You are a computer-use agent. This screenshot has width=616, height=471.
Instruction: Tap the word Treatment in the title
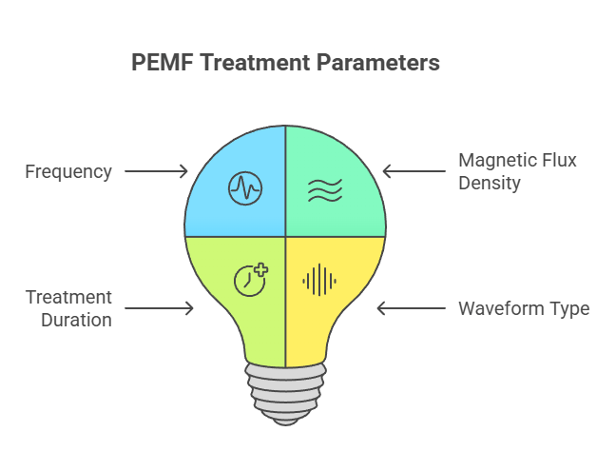point(252,63)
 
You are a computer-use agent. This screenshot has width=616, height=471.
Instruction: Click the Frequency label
point(68,172)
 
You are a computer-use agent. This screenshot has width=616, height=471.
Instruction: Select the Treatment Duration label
point(68,308)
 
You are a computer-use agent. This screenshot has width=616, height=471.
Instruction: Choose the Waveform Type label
point(524,308)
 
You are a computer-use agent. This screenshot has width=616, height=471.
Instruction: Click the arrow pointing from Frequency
point(157,172)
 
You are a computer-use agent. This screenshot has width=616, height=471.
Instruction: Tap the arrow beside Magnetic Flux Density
point(414,172)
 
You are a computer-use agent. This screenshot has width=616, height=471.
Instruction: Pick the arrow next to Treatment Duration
point(160,308)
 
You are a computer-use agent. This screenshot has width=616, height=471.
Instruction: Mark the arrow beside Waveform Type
point(411,308)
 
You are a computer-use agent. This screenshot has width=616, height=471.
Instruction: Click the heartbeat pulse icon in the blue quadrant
point(244,188)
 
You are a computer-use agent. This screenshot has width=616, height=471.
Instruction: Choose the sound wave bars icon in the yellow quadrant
point(318,280)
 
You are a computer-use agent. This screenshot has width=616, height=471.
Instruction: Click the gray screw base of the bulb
point(285,391)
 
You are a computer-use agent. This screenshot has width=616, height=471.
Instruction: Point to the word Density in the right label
point(490,183)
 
